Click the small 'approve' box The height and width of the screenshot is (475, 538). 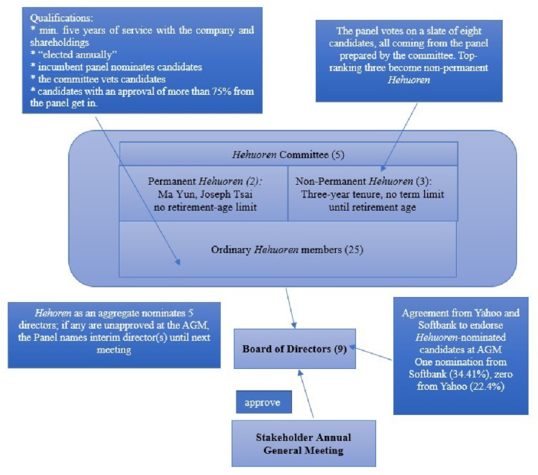(264, 402)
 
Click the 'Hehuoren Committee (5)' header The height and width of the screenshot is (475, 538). (288, 154)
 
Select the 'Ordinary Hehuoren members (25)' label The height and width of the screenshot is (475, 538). (287, 249)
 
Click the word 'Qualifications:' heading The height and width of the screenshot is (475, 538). (61, 18)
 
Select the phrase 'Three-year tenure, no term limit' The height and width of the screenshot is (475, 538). (372, 194)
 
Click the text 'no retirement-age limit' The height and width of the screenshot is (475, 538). (205, 207)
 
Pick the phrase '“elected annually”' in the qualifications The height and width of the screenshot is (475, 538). (77, 55)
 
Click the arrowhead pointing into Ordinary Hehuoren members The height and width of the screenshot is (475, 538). (178, 262)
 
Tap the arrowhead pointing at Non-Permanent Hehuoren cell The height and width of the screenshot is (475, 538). (383, 169)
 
